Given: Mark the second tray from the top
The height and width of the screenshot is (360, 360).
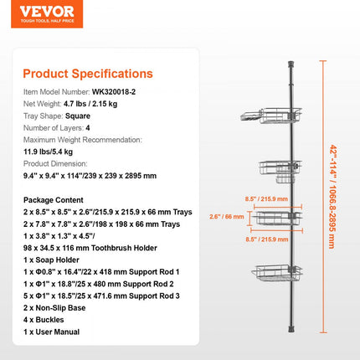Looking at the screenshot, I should point(287,171).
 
